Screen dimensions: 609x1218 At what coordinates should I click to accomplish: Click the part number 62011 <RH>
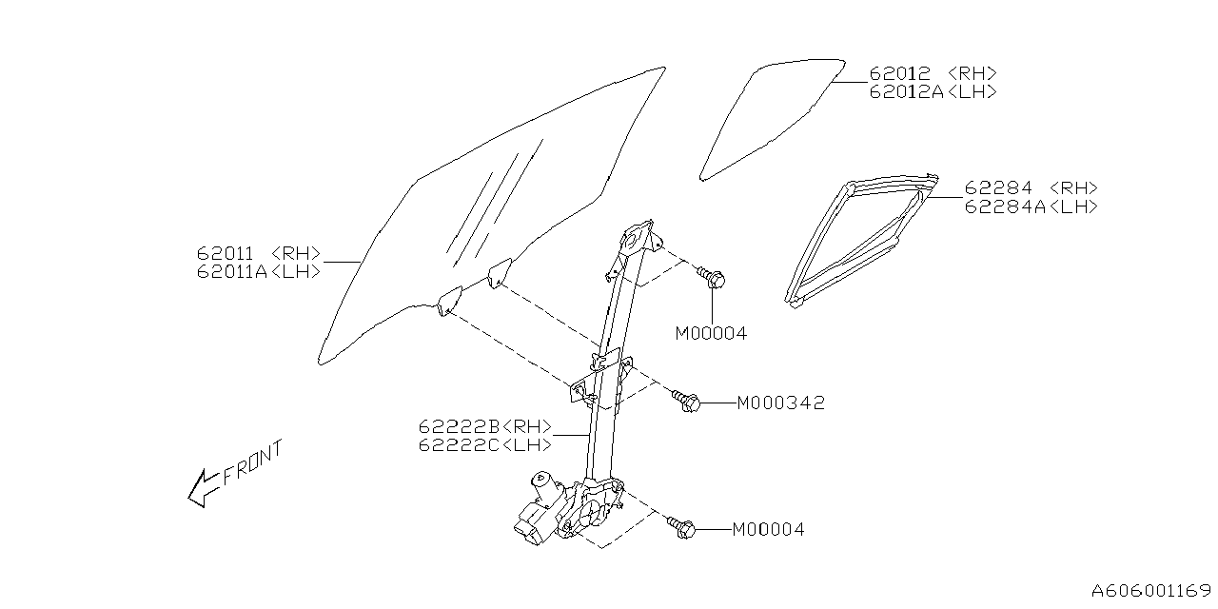point(259,255)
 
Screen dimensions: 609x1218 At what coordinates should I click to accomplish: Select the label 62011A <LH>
point(259,272)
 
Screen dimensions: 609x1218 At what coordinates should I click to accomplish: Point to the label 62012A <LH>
point(933,91)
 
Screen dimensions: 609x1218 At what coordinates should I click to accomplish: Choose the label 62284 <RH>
point(1031,188)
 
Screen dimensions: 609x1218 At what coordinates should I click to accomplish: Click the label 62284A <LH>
point(1031,206)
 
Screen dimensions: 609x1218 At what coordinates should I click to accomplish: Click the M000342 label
point(780,403)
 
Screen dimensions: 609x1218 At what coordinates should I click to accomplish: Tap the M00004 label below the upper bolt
point(712,334)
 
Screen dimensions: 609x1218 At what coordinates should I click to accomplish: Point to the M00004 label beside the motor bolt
point(768,530)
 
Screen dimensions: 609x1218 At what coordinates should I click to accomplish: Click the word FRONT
point(254,463)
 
